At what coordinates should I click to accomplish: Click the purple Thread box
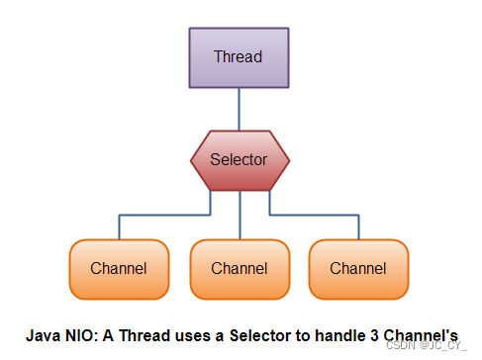click(239, 57)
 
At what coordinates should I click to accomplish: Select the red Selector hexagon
click(240, 159)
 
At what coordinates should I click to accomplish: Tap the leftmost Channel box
click(119, 268)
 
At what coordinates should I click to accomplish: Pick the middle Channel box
click(240, 268)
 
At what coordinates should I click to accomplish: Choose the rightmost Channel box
click(358, 268)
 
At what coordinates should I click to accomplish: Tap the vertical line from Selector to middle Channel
click(240, 216)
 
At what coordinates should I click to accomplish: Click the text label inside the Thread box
click(239, 56)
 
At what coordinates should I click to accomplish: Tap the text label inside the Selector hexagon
click(239, 158)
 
